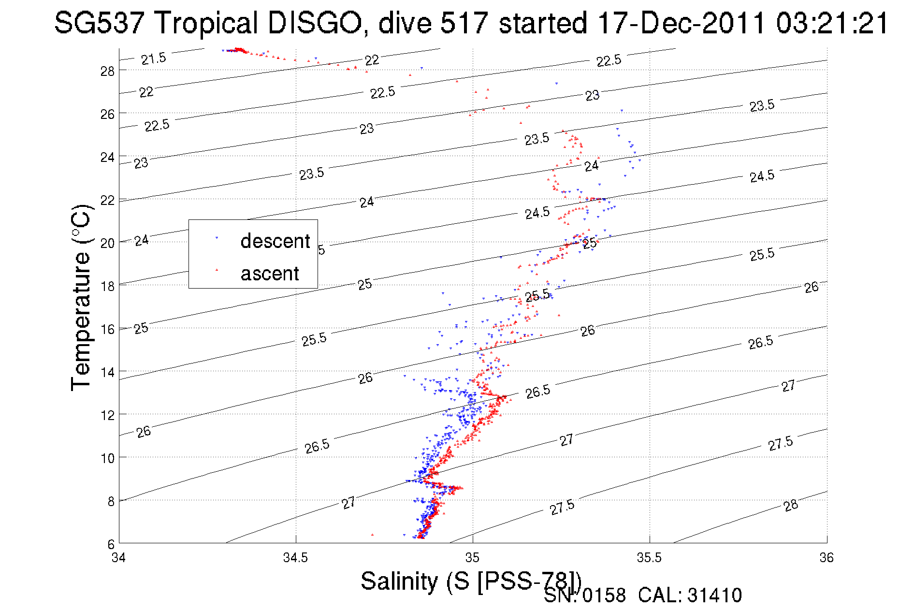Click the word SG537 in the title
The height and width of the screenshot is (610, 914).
point(99,23)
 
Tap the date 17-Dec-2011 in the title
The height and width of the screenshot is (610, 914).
point(682,23)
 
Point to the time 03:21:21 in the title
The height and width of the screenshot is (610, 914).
point(832,23)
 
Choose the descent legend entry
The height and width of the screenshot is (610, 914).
point(275,241)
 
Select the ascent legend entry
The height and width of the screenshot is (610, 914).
point(270,274)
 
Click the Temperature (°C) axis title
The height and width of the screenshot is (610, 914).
point(81,297)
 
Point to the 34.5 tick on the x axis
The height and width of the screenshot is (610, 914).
point(295,558)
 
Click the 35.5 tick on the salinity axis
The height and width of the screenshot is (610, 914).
point(649,558)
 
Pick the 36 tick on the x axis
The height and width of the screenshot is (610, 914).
point(826,558)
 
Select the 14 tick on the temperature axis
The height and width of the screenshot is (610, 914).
point(107,372)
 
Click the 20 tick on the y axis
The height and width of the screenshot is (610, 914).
point(107,243)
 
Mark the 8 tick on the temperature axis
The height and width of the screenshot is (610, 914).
point(111,501)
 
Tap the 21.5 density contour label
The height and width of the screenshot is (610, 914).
point(153,58)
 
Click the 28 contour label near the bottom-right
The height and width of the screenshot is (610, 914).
point(791,506)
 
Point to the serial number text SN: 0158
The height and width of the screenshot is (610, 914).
point(584,595)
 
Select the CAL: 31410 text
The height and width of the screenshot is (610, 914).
point(690,595)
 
